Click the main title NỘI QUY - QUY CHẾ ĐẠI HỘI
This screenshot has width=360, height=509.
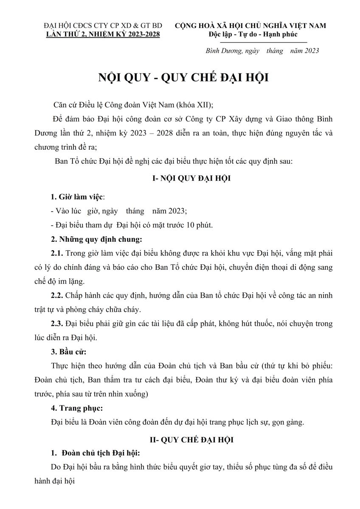tap(183, 78)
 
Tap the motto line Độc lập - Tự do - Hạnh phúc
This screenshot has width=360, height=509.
tap(253, 34)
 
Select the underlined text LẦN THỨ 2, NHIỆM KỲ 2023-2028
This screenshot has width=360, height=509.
tap(103, 34)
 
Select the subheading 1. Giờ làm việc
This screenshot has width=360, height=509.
tap(77, 197)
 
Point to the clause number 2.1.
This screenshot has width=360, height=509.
tap(56, 253)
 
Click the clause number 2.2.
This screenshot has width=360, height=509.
tap(56, 295)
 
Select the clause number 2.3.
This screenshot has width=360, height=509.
tap(56, 324)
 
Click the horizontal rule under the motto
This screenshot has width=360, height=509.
tap(263, 42)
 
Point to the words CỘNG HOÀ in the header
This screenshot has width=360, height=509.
tap(191, 25)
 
